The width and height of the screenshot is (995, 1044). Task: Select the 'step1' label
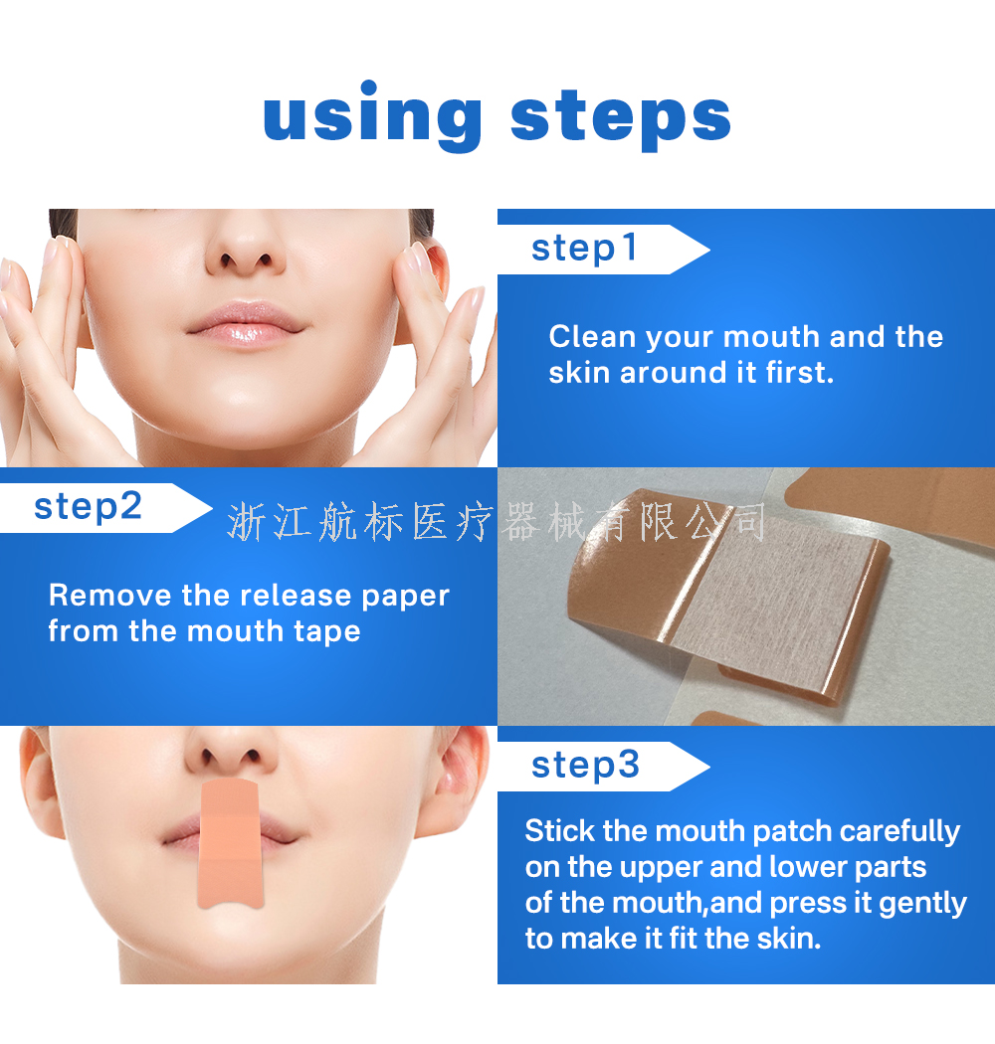584,249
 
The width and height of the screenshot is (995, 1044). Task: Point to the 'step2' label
88,507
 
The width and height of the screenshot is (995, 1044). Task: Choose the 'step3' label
585,765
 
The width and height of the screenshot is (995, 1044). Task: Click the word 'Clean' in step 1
592,337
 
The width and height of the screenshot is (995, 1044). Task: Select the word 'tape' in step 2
326,631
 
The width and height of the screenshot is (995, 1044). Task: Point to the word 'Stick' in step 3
559,831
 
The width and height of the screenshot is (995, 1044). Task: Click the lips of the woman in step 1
245,323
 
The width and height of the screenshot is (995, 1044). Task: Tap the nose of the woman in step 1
246,250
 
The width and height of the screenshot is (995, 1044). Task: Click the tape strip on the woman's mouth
230,844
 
